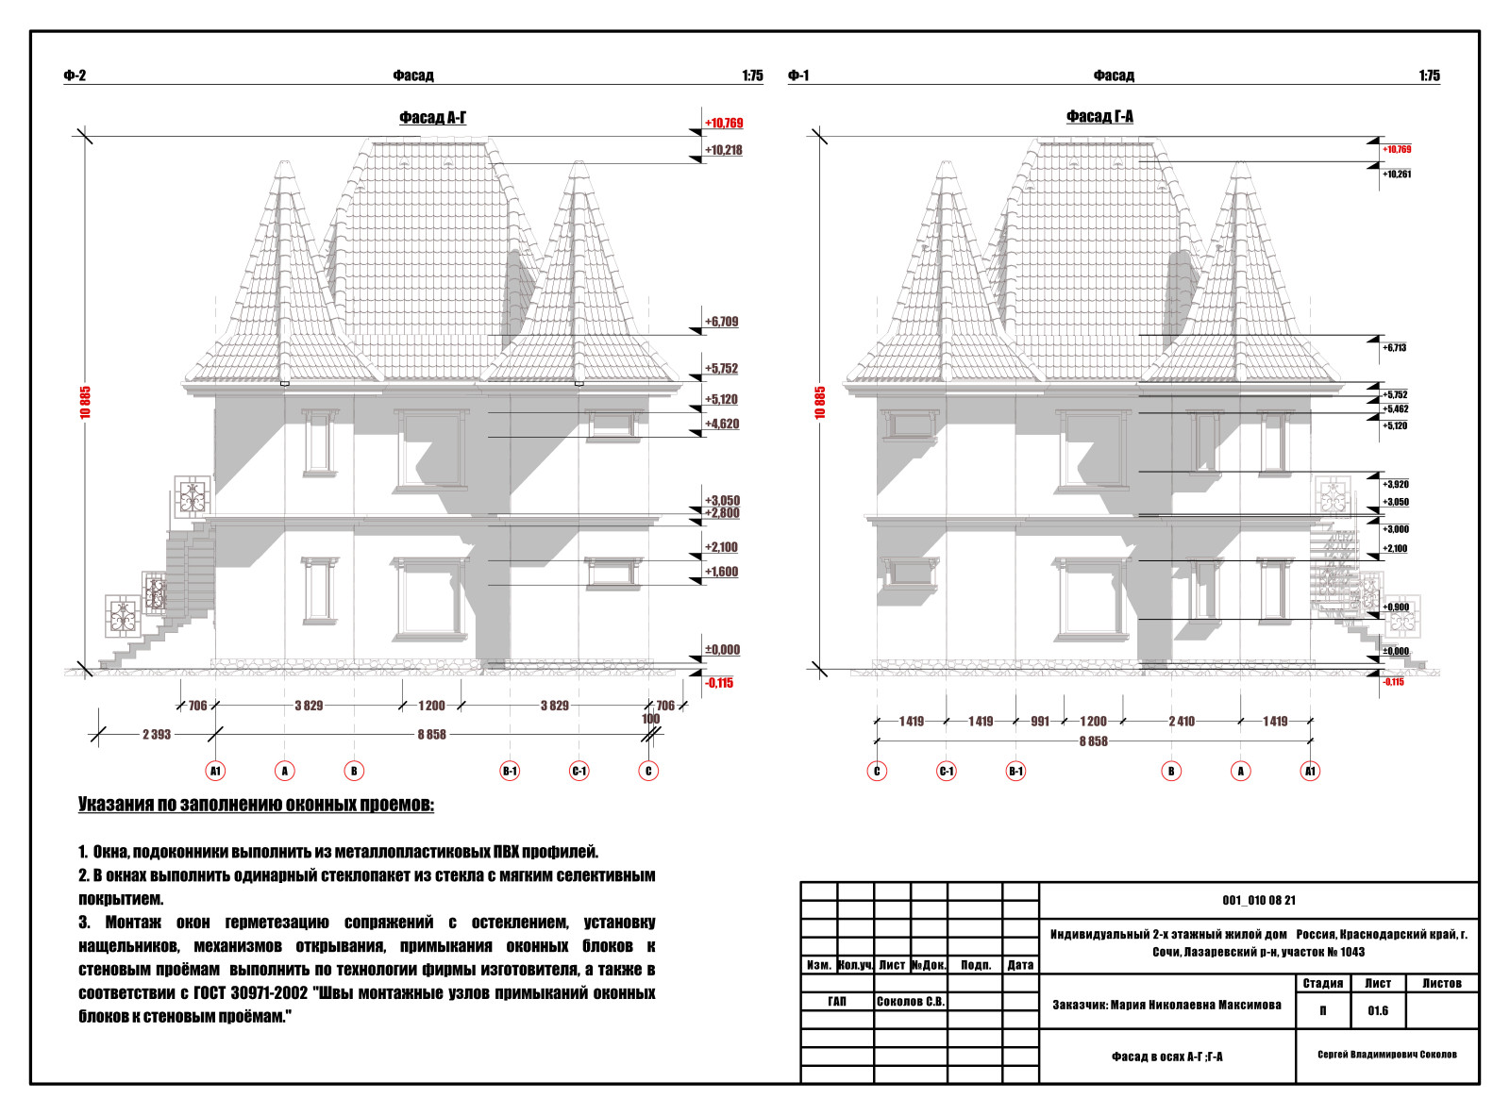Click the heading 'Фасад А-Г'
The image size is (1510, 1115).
point(432,118)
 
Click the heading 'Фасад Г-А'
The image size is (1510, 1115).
point(1099,117)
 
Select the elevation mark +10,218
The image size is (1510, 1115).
point(723,150)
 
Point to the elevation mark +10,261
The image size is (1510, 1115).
point(1396,175)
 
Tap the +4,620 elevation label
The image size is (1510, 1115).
point(722,424)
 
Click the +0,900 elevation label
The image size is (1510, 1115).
point(1396,607)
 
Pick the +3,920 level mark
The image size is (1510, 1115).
point(1396,485)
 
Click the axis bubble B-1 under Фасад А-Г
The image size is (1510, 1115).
point(510,771)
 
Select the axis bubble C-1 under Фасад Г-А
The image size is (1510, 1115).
point(947,771)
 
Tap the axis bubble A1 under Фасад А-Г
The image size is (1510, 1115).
point(215,771)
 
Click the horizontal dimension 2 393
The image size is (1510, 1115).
point(157,735)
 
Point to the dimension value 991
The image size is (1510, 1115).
point(1040,722)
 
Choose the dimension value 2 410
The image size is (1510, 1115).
point(1182,722)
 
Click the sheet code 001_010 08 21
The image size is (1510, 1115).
point(1259,900)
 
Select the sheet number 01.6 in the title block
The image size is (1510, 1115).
point(1378,1011)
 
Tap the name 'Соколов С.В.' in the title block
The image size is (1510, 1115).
point(911,1002)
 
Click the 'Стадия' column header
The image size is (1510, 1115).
point(1323,984)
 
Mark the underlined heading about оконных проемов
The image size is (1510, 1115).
point(256,805)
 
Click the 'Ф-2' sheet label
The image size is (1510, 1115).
point(75,75)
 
